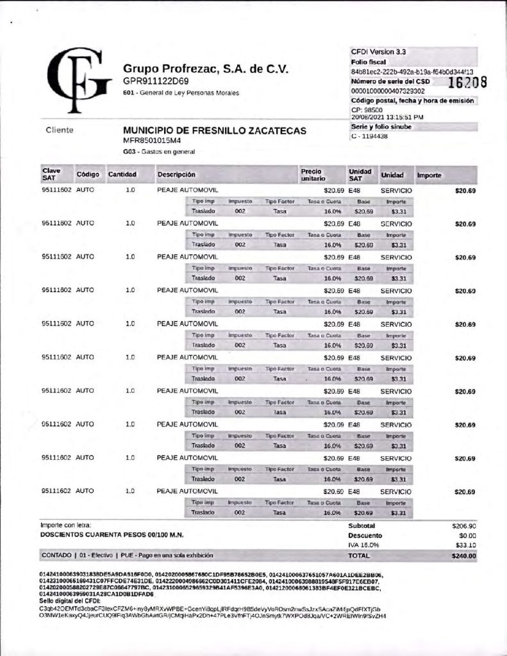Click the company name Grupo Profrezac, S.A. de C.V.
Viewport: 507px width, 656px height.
206,69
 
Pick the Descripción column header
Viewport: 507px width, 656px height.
176,174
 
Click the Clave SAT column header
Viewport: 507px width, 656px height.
51,174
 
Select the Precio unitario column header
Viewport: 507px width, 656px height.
313,174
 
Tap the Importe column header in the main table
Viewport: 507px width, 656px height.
429,175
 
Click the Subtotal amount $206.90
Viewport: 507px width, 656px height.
463,525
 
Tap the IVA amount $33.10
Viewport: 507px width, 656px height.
465,545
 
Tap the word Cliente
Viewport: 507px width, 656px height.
60,130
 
